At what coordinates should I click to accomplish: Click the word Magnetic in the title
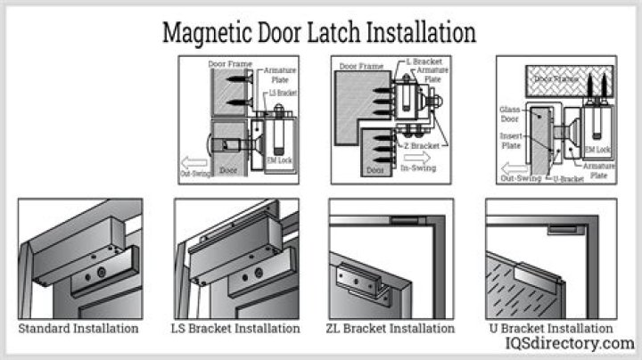point(206,34)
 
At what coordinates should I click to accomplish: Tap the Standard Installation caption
point(78,328)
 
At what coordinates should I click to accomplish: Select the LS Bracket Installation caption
point(235,328)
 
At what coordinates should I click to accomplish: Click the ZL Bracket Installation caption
point(391,328)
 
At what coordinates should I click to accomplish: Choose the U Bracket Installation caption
point(550,328)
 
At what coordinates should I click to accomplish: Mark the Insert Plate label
point(512,138)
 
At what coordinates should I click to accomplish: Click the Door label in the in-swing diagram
point(373,169)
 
